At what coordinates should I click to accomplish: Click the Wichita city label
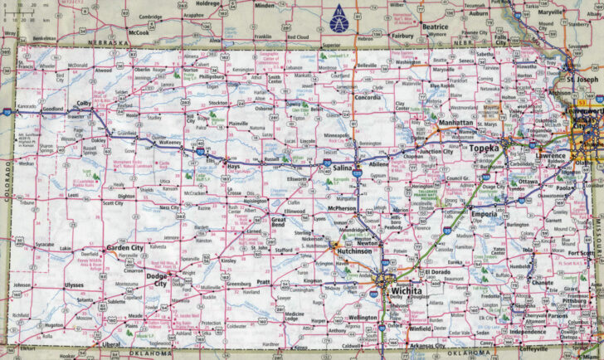[x=407, y=292]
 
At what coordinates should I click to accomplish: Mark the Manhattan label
[x=455, y=123]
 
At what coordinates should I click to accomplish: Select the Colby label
[x=83, y=104]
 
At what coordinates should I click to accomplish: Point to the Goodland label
[x=53, y=109]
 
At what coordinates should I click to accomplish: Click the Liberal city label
[x=105, y=343]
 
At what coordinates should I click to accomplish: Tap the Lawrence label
[x=550, y=155]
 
